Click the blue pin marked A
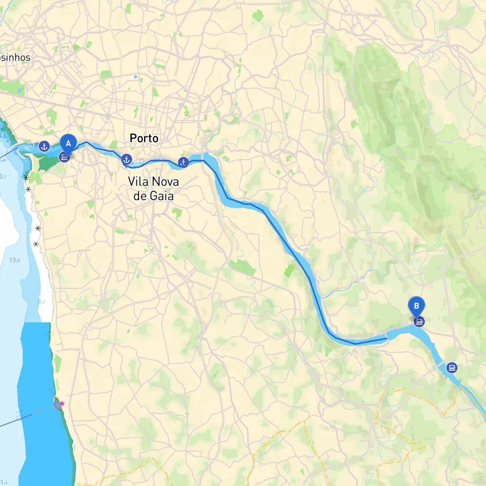click(68, 143)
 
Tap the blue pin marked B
click(416, 306)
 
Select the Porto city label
click(144, 138)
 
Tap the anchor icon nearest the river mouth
click(44, 146)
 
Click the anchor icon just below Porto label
click(126, 159)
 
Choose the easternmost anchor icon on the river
click(183, 162)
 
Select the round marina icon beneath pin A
click(65, 157)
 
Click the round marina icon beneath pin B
click(419, 322)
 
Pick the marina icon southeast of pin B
click(451, 368)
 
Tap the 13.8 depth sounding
click(14, 260)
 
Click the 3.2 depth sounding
click(41, 301)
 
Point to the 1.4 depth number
click(4, 482)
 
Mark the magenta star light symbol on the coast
click(62, 404)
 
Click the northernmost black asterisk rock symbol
click(26, 177)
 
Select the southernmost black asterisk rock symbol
click(36, 244)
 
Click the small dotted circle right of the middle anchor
click(142, 161)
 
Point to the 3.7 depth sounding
click(3, 176)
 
